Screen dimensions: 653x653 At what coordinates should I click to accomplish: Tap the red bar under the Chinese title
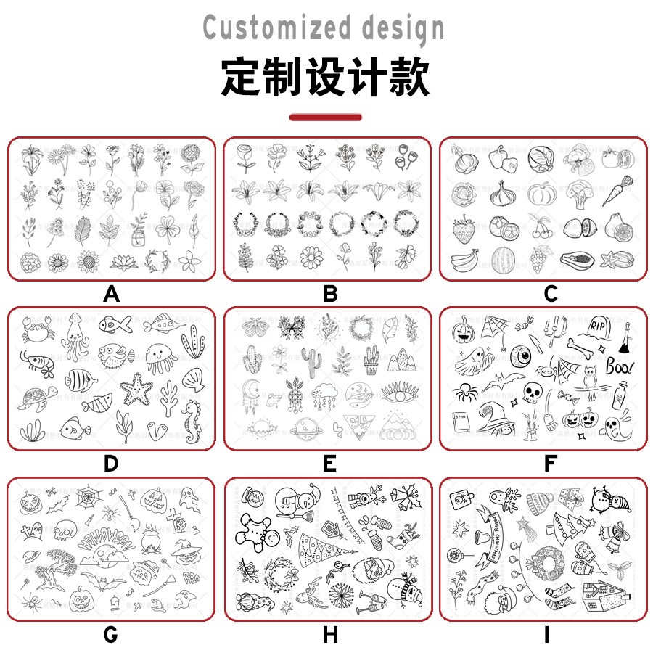[326, 117]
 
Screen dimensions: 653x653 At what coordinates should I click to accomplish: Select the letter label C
[550, 294]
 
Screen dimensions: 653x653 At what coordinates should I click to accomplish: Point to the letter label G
[110, 635]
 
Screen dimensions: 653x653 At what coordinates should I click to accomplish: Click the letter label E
[329, 464]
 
